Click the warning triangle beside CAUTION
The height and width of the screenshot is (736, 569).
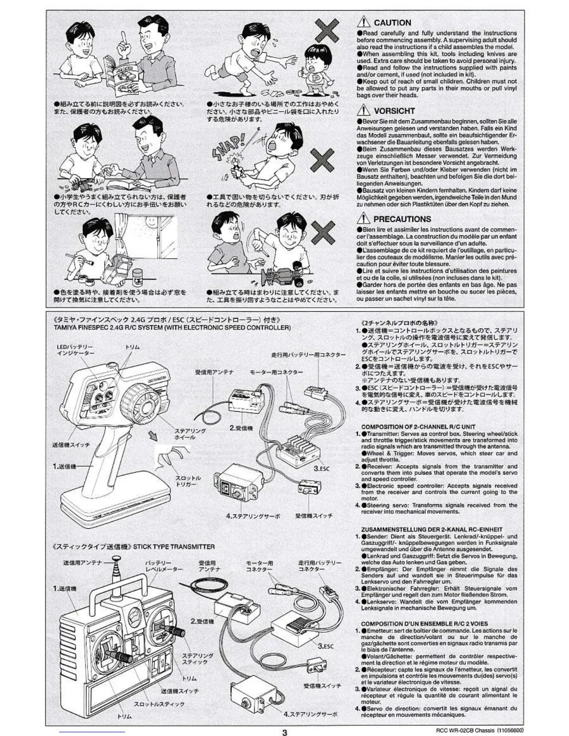363,22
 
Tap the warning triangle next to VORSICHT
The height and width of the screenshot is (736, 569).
363,110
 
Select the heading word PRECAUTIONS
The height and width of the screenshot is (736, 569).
402,219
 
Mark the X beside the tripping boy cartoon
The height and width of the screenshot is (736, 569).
327,31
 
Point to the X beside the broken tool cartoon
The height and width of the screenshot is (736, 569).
322,161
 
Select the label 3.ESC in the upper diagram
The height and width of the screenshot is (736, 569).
321,468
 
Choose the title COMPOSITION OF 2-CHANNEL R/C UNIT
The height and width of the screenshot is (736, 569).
418,427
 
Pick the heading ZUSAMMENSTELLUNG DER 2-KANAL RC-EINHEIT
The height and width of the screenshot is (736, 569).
431,529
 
